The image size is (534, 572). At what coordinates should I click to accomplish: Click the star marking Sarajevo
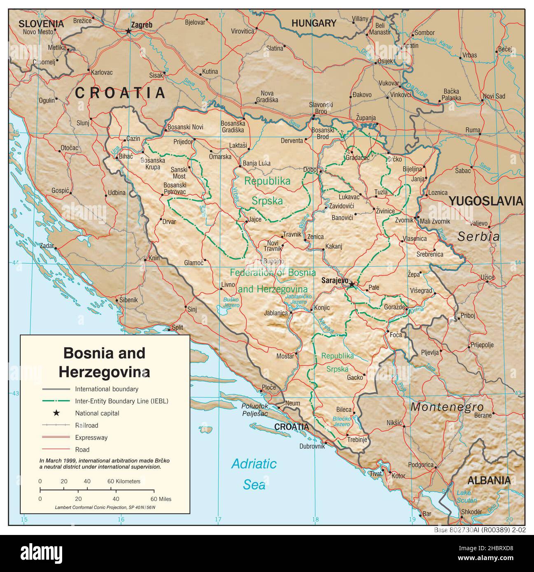(x=351, y=284)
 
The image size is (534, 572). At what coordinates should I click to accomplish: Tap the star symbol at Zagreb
(x=128, y=31)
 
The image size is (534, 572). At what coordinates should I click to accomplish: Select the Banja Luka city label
(x=257, y=163)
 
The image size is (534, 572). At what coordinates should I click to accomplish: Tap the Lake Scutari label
(x=466, y=497)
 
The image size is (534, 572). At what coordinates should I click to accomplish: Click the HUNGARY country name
(x=314, y=23)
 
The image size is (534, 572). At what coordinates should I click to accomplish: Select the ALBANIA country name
(x=489, y=480)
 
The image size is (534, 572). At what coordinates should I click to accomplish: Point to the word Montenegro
(x=447, y=407)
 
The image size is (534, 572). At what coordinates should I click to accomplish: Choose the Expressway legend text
(x=91, y=437)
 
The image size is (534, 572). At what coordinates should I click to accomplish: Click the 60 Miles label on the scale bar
(x=160, y=499)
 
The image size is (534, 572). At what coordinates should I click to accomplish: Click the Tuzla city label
(x=381, y=193)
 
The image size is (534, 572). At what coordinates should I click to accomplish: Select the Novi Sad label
(x=494, y=96)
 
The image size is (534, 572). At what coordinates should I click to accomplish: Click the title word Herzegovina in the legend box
(x=104, y=372)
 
